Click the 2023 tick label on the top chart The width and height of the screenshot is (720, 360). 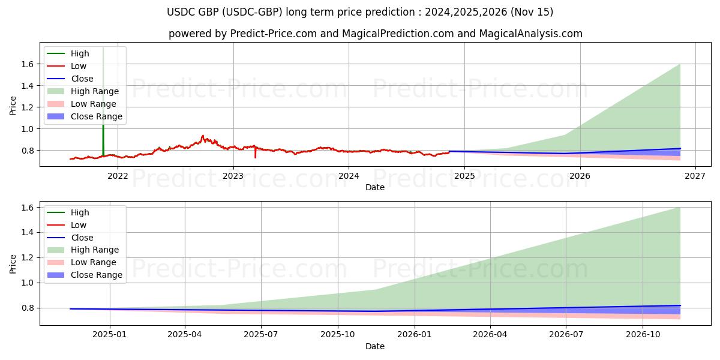click(233, 176)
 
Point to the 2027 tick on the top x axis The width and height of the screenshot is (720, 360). click(695, 176)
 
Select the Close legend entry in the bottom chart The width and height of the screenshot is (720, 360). click(82, 238)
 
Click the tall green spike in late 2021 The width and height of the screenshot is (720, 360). click(103, 90)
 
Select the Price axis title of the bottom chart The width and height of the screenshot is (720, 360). click(13, 263)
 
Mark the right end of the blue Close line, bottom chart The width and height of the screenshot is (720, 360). click(680, 305)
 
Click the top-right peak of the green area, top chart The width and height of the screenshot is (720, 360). click(680, 64)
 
